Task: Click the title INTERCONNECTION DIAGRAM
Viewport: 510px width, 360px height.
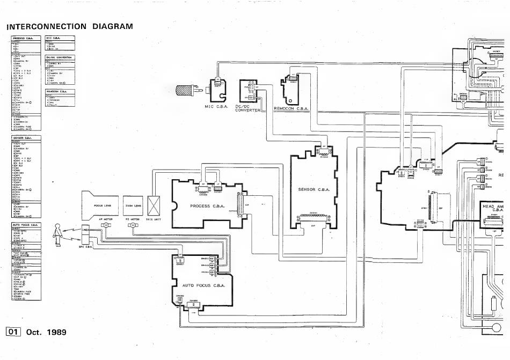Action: tap(69, 26)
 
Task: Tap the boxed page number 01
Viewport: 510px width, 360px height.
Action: tap(13, 332)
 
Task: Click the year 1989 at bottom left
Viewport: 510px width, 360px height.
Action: tap(57, 332)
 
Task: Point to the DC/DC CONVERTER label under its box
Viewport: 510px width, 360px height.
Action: tap(248, 108)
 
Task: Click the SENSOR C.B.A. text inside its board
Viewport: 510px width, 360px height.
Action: tap(312, 189)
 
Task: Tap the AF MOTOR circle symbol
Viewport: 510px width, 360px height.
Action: tap(106, 226)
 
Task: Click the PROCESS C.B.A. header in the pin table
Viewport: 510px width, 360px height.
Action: tap(23, 38)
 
